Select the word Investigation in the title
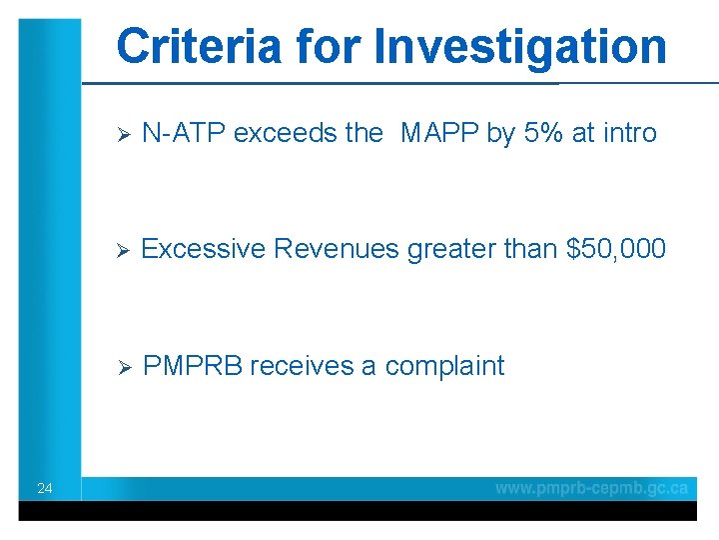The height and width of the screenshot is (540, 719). pos(519,46)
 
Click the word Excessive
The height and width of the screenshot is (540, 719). pos(203,249)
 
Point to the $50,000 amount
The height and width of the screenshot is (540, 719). pos(615,249)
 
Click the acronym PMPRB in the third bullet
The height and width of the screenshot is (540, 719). pos(194,366)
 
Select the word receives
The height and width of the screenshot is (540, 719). pos(302,366)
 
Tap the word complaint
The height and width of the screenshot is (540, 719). pos(444,366)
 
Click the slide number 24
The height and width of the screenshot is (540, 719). pos(44,488)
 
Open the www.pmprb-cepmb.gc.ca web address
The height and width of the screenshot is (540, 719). pos(591,488)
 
